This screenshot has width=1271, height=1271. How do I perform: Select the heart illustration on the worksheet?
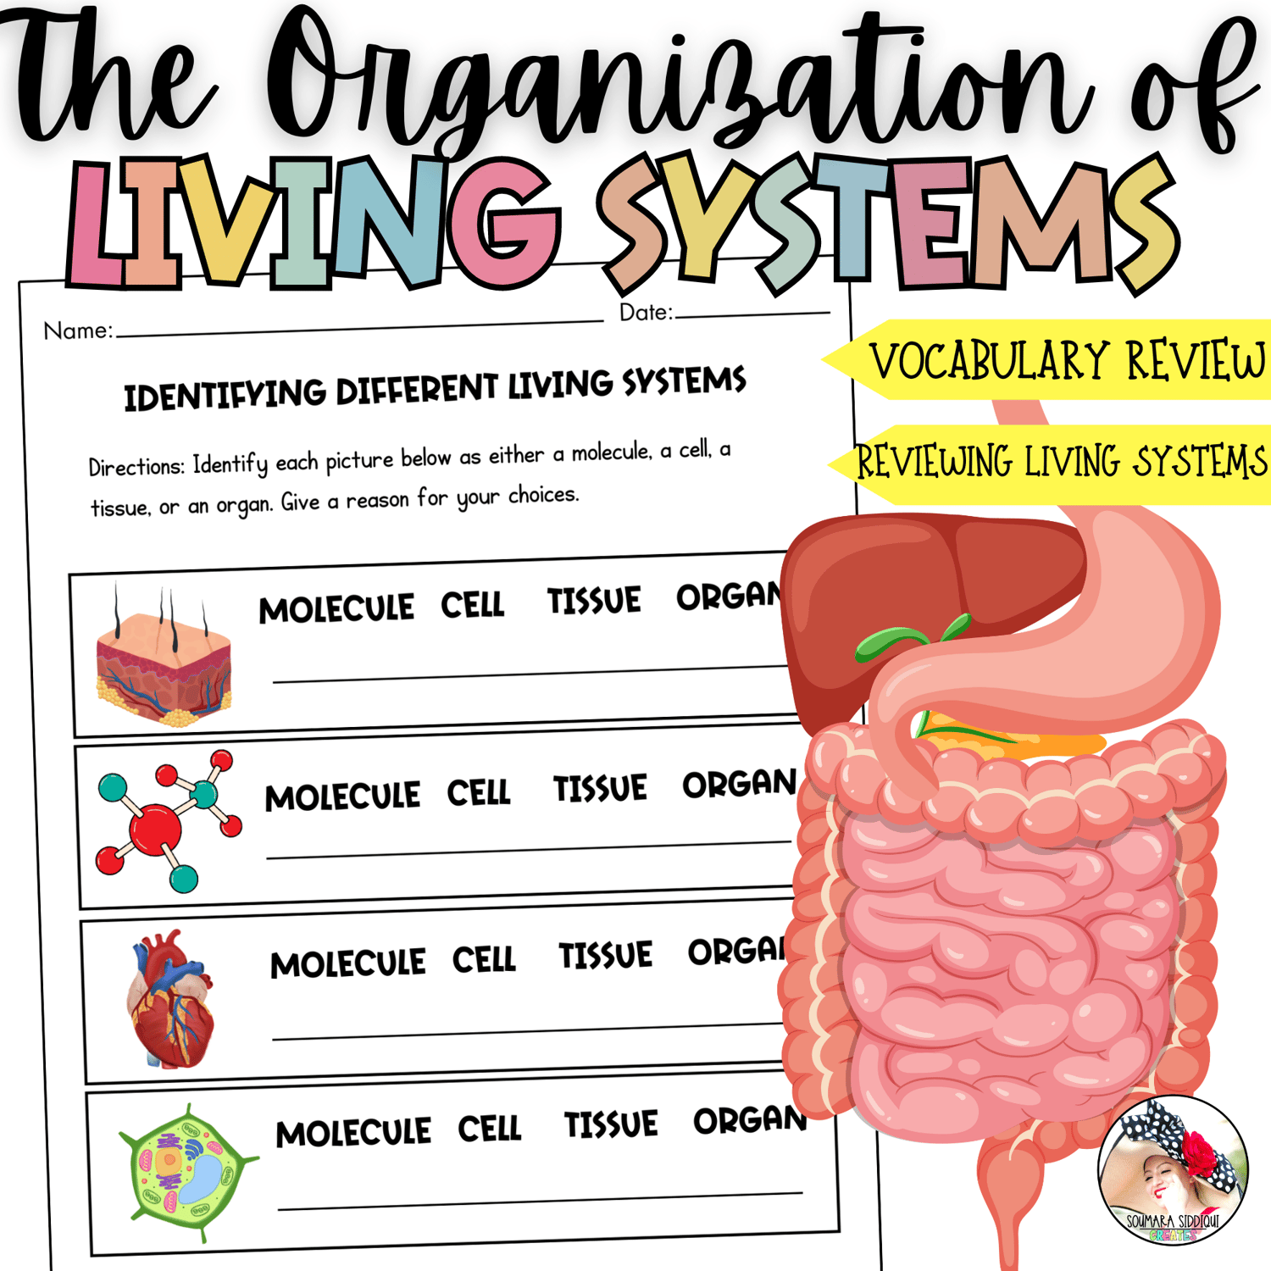point(170,1000)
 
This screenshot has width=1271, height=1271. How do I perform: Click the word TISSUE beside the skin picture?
point(594,601)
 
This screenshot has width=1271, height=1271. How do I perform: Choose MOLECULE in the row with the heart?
point(347,964)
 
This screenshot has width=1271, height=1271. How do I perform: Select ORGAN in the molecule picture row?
point(739,785)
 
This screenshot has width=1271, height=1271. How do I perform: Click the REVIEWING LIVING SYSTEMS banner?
point(1059,463)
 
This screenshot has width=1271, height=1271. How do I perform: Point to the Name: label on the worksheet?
point(78,330)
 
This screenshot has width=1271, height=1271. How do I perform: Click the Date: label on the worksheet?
point(646,313)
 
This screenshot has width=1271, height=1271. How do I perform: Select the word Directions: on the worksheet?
point(136,467)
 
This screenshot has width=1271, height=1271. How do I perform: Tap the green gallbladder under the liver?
point(890,641)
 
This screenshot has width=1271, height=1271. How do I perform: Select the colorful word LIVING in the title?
point(314,222)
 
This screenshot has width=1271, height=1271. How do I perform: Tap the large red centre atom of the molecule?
point(155,826)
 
